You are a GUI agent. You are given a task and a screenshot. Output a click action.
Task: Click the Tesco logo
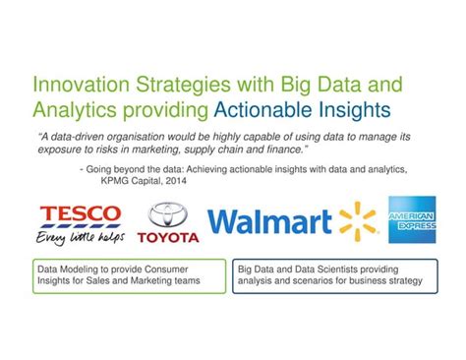(x=79, y=214)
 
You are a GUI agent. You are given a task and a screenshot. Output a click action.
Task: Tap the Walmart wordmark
(x=269, y=222)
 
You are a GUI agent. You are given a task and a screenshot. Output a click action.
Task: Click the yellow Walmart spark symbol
(x=358, y=221)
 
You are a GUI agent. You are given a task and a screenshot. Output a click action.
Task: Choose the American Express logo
(x=412, y=219)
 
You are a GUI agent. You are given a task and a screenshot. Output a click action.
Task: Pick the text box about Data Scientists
(x=333, y=274)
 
